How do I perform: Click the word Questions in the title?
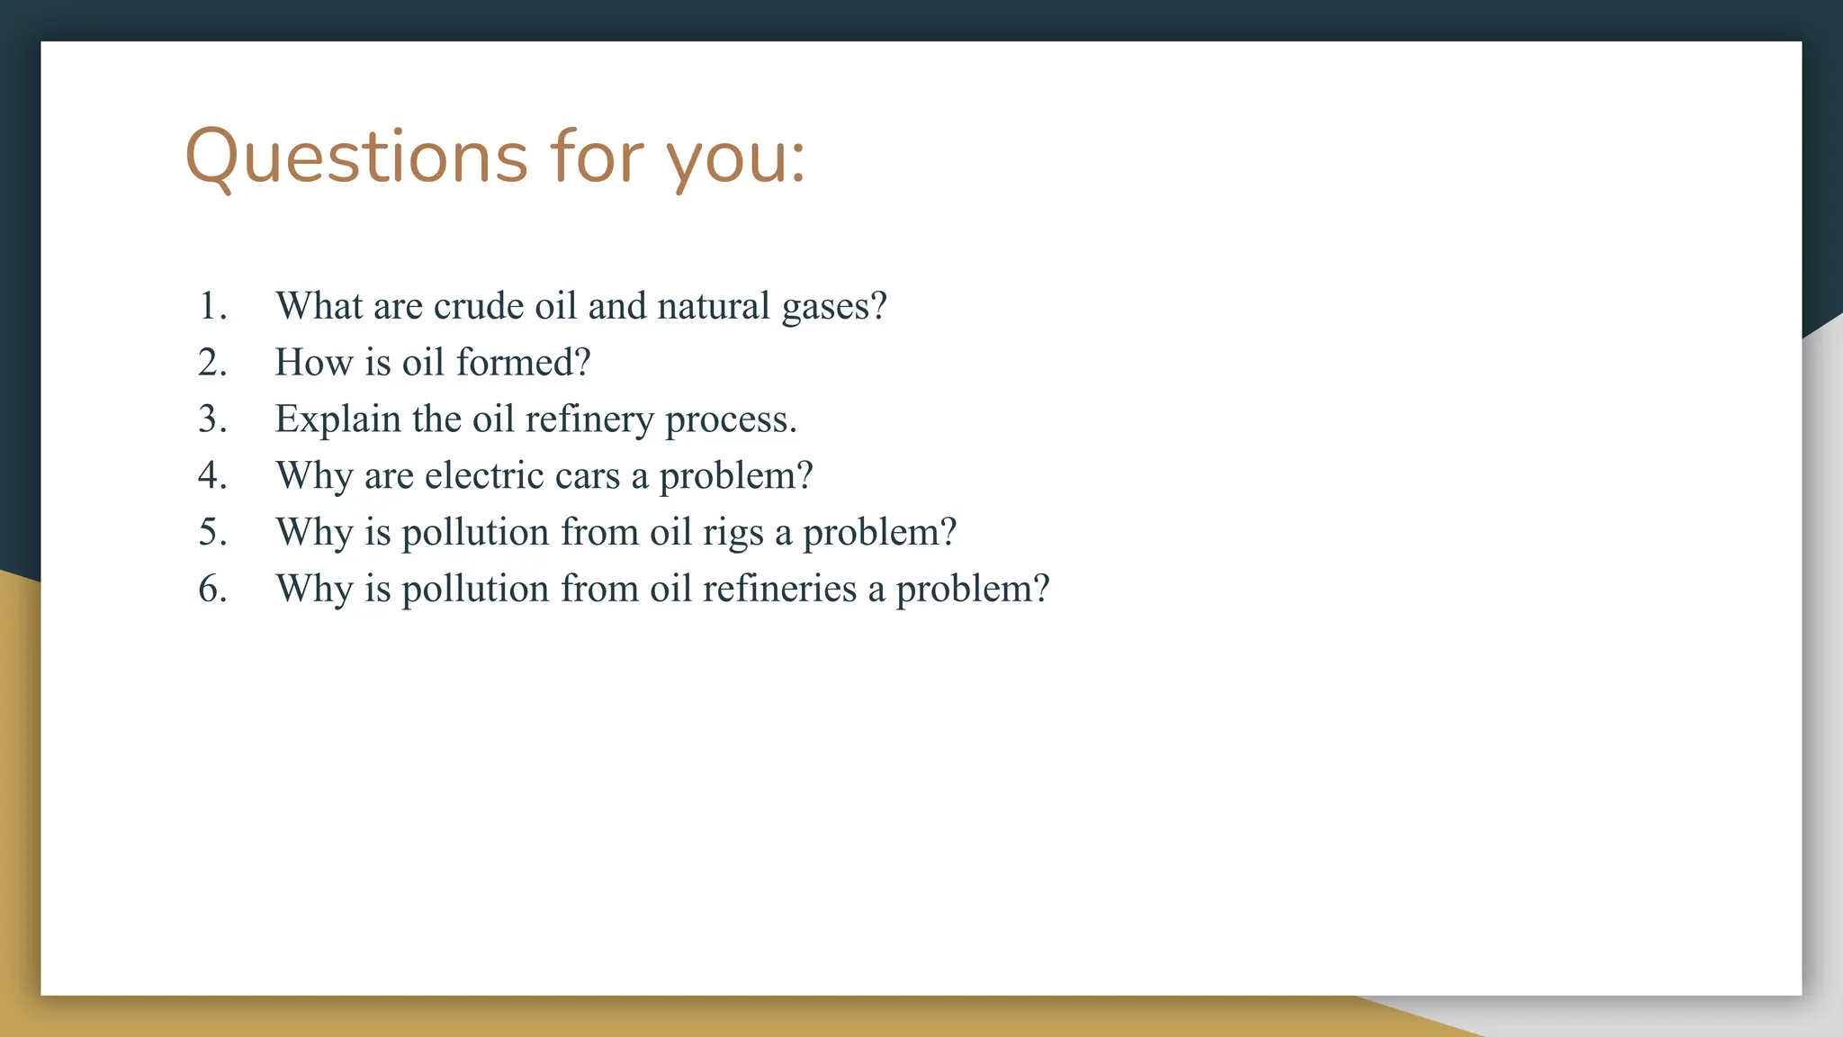355,158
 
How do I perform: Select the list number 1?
211,306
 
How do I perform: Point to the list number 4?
211,475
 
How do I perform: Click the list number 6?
211,589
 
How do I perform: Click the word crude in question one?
478,306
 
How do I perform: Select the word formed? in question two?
523,363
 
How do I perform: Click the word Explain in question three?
337,420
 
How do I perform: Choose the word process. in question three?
731,420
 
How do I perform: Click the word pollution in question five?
474,533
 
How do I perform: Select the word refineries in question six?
779,589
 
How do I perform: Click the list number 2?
211,363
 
